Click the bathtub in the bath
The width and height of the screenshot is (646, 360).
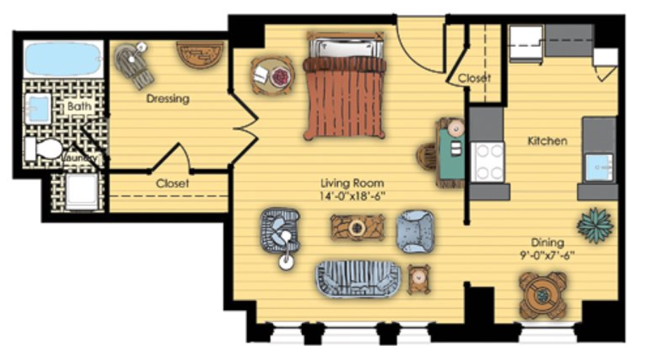(63, 59)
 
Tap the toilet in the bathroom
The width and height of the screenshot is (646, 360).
(44, 149)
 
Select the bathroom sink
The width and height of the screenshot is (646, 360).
(38, 109)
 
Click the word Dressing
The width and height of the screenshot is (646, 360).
(168, 99)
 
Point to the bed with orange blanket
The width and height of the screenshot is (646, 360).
(345, 86)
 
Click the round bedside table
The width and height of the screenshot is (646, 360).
(272, 76)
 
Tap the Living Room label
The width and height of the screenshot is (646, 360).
(352, 183)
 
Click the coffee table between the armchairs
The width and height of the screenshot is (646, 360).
(357, 227)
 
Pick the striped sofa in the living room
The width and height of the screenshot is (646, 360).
(357, 279)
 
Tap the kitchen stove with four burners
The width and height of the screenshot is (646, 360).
(488, 162)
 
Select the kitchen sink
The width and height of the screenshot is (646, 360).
(600, 167)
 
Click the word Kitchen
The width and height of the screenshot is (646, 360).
(548, 141)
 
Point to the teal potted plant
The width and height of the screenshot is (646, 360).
(595, 225)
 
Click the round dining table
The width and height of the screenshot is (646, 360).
(542, 295)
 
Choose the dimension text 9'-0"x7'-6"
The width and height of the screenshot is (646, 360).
(548, 255)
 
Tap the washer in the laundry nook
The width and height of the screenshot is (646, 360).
(82, 192)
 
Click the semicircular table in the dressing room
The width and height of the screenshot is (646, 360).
(200, 54)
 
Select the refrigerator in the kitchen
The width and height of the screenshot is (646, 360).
(526, 42)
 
